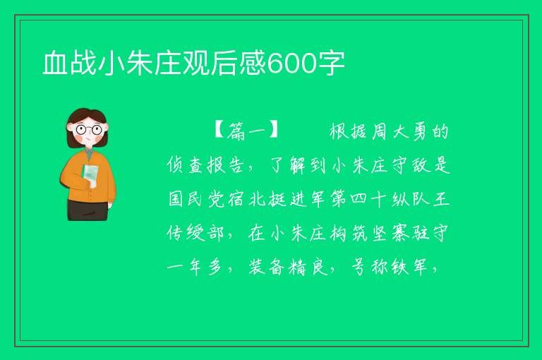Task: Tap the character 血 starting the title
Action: coord(55,64)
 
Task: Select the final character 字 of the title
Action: coord(331,64)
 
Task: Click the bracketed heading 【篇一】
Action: coord(246,131)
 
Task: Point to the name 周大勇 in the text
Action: coord(400,131)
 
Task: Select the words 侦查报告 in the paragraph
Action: coord(205,165)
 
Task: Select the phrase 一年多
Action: coord(195,267)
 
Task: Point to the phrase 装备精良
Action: coord(288,267)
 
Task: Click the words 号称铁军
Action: coord(390,267)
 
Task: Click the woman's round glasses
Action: coord(89,130)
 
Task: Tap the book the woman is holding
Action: coord(90,175)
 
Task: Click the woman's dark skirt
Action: coord(88,210)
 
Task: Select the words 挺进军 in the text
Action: coord(288,199)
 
